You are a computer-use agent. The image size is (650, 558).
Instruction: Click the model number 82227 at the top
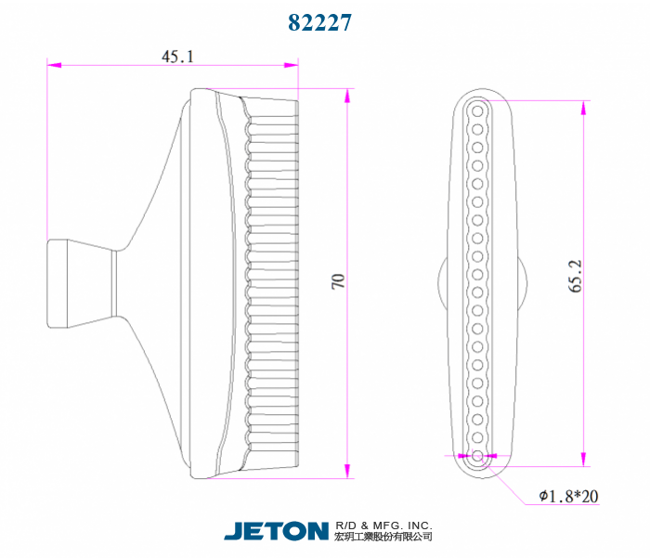point(319,22)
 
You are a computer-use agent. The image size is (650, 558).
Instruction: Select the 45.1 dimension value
point(178,57)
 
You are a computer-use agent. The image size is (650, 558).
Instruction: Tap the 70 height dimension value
point(338,281)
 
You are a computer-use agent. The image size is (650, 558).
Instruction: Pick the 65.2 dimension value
point(575,277)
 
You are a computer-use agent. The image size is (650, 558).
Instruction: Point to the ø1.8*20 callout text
point(568,496)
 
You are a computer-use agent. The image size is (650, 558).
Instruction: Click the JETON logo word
point(277,531)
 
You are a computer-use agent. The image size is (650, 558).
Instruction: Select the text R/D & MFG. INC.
point(383,526)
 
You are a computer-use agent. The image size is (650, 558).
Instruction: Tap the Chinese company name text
point(383,537)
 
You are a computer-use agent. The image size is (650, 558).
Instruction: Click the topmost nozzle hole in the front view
point(477,111)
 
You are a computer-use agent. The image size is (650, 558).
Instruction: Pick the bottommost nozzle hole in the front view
point(477,456)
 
